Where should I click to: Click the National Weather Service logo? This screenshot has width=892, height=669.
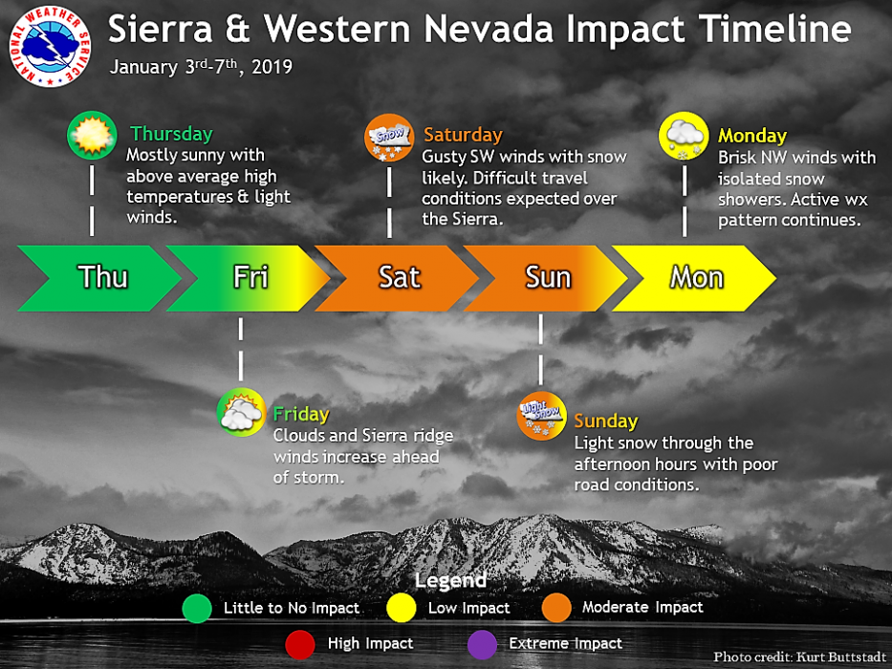point(50,47)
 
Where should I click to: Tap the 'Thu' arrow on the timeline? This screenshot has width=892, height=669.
point(99,278)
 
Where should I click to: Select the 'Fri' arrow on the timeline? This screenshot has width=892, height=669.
point(248,278)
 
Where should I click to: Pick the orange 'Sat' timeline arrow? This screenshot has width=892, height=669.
point(397,278)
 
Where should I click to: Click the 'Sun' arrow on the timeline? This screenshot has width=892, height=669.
point(546,278)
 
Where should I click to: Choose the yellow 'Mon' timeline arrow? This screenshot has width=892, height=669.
point(694,278)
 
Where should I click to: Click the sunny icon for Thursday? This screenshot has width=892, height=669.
point(92,136)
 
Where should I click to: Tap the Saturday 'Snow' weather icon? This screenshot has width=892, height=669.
point(389,138)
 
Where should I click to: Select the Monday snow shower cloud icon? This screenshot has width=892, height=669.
point(684,136)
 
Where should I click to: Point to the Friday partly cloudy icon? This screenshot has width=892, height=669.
point(241,413)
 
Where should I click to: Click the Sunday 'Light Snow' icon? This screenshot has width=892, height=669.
point(541,416)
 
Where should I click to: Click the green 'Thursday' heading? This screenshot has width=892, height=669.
point(171,134)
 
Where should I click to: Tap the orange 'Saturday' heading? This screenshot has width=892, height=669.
point(463,135)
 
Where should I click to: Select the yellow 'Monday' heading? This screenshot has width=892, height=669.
point(752,136)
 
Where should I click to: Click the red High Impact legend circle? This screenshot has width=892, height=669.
point(300,644)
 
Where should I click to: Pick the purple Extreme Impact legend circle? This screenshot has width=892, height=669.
point(482,644)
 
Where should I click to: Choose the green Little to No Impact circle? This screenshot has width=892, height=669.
point(197,608)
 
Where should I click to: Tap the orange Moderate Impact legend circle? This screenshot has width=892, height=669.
point(556,608)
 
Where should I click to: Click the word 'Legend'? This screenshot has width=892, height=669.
point(450,580)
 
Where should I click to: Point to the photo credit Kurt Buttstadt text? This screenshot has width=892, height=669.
point(800,657)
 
